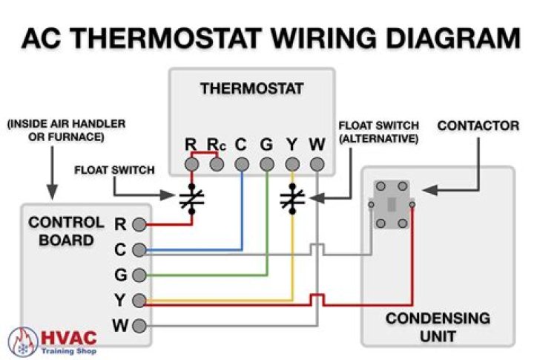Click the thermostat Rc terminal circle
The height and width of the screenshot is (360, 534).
217,165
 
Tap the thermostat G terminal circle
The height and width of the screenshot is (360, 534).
267,165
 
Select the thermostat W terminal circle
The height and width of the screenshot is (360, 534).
317,165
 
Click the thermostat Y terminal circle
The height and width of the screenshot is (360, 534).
292,165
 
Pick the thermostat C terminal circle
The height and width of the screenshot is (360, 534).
242,165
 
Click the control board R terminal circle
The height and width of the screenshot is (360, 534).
139,225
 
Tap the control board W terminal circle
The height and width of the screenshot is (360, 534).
139,326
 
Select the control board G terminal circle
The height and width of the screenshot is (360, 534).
139,275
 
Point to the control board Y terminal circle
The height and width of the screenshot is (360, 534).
139,301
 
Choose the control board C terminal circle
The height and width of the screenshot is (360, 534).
139,250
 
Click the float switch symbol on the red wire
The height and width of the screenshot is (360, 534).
192,199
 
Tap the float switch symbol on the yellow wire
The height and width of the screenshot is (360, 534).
292,199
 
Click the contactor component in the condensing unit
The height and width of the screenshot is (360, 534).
392,205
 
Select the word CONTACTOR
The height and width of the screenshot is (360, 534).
478,125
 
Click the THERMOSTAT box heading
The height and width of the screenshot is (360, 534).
251,88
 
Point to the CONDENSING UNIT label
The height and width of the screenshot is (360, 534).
438,327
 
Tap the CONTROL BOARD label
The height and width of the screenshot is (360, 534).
66,232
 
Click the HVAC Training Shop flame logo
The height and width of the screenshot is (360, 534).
22,342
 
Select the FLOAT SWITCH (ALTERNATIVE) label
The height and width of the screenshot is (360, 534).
379,132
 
